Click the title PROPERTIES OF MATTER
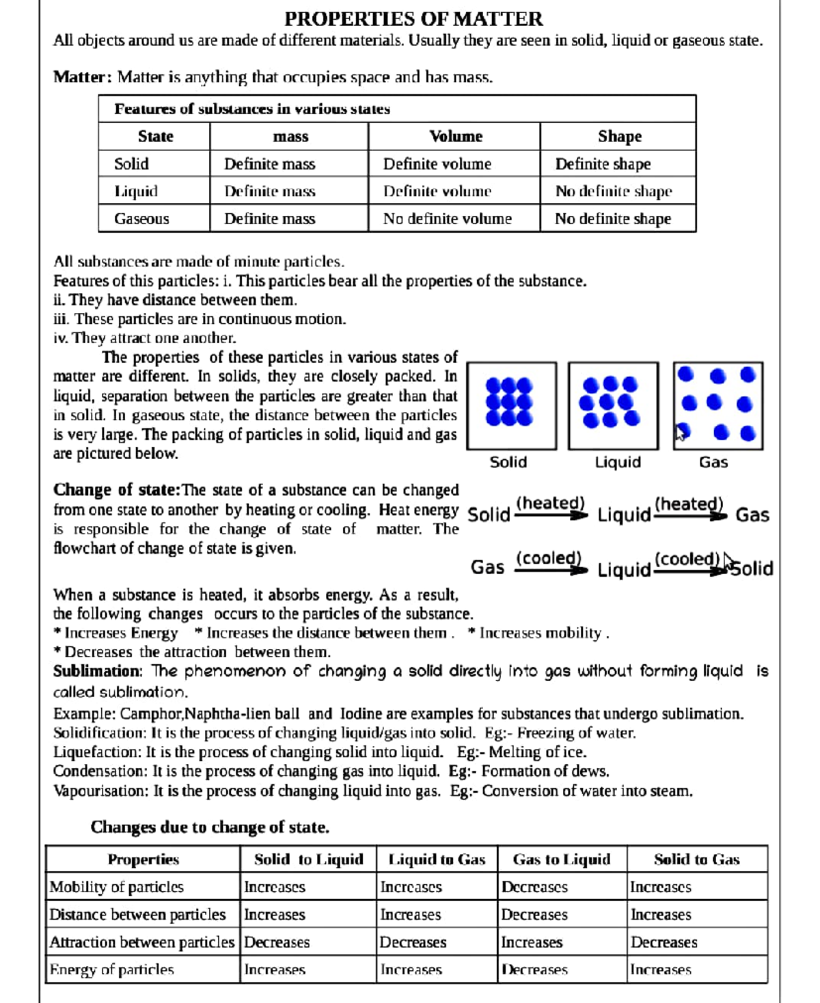tap(413, 18)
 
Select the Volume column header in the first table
tap(456, 137)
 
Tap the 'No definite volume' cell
tap(447, 219)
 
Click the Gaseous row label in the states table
tap(141, 219)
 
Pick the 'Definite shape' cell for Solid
tap(603, 164)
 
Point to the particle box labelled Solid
tap(511, 406)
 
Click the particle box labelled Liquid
tap(613, 406)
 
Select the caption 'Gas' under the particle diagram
tap(713, 463)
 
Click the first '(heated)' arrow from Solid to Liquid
tap(551, 509)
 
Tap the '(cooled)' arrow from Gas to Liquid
tap(550, 564)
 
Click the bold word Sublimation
tap(97, 672)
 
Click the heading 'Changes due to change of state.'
tap(210, 827)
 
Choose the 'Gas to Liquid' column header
tap(561, 860)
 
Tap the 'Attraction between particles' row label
tap(141, 942)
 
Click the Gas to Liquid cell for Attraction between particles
tap(532, 942)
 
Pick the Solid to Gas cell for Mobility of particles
tap(660, 887)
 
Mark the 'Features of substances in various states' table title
tap(252, 109)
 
